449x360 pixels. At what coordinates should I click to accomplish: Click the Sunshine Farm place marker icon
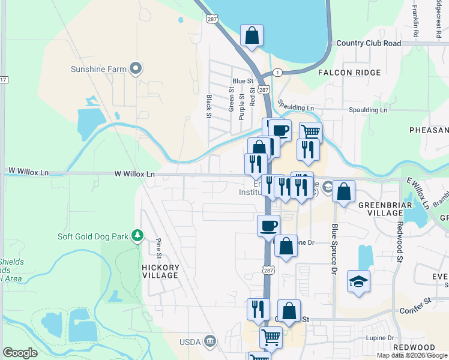point(136,68)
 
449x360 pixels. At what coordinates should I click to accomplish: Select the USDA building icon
point(209,341)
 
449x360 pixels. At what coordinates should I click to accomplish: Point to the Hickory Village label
point(160,271)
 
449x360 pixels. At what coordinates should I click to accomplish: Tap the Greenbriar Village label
point(384,209)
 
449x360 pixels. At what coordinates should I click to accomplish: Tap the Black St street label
point(209,106)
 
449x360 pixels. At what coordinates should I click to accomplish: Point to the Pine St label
point(159,248)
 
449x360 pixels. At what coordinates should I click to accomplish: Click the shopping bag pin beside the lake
point(252,35)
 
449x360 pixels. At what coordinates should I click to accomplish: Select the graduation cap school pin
point(358,281)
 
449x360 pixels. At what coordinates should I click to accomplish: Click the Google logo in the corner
point(20,353)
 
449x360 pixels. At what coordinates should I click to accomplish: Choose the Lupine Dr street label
point(380,338)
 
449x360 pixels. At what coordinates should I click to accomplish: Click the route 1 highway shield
point(277,72)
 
